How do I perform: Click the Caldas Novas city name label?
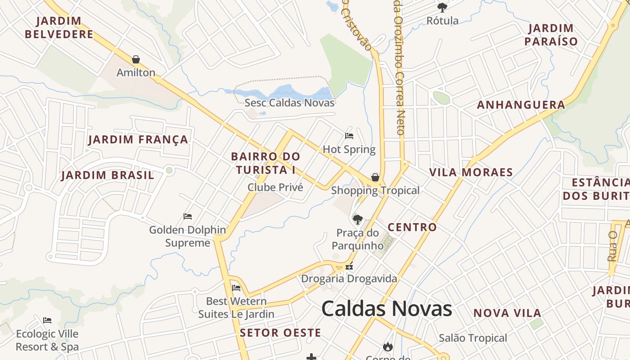pyautogui.click(x=387, y=309)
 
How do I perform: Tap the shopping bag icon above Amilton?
pyautogui.click(x=136, y=59)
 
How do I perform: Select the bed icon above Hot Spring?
pyautogui.click(x=349, y=135)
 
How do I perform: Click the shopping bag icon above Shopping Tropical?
pyautogui.click(x=375, y=177)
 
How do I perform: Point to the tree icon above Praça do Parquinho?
pyautogui.click(x=357, y=220)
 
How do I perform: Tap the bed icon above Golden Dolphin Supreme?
pyautogui.click(x=188, y=216)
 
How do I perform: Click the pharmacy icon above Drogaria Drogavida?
pyautogui.click(x=349, y=266)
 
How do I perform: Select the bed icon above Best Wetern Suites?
pyautogui.click(x=236, y=288)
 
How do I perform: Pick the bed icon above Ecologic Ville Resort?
pyautogui.click(x=47, y=320)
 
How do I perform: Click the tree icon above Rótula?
pyautogui.click(x=442, y=7)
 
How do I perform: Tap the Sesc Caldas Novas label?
pyautogui.click(x=289, y=103)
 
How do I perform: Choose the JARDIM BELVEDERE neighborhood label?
pyautogui.click(x=59, y=27)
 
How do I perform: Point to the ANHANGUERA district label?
pyautogui.click(x=521, y=105)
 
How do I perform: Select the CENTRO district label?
pyautogui.click(x=412, y=227)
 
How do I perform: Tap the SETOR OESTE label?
pyautogui.click(x=280, y=333)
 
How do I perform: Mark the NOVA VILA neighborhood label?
pyautogui.click(x=507, y=313)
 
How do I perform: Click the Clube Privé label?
pyautogui.click(x=275, y=187)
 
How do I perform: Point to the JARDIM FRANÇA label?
pyautogui.click(x=138, y=139)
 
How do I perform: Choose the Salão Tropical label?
pyautogui.click(x=472, y=338)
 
